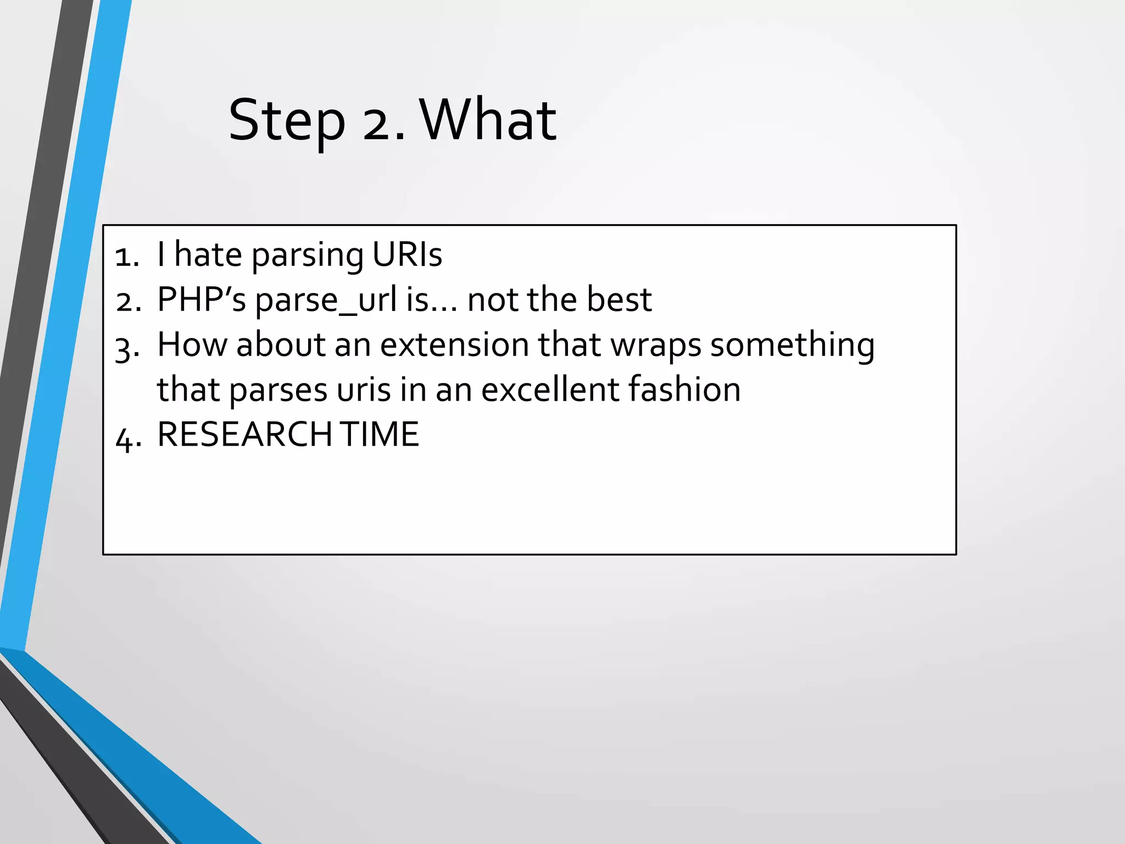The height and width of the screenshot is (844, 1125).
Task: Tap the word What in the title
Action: pyautogui.click(x=488, y=120)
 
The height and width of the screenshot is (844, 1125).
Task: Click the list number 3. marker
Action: pyautogui.click(x=127, y=348)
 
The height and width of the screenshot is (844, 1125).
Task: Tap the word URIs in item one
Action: pyautogui.click(x=407, y=255)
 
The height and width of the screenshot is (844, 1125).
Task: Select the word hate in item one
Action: pyautogui.click(x=208, y=255)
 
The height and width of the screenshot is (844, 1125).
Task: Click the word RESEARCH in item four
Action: pyautogui.click(x=244, y=435)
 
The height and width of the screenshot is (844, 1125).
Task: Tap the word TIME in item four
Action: pyautogui.click(x=379, y=435)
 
